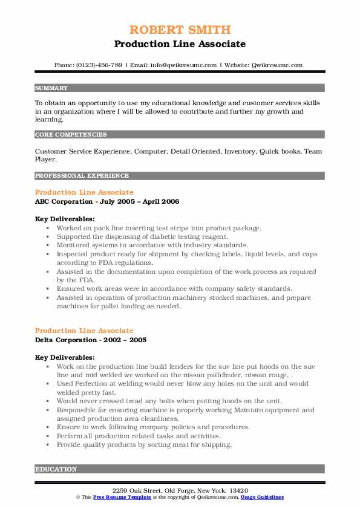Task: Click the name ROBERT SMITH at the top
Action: coord(180,30)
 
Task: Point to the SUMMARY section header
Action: coord(51,88)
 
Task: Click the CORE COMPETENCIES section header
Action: coord(71,134)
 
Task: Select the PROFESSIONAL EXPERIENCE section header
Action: coord(82,176)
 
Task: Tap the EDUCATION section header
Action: coord(56,469)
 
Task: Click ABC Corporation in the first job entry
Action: coord(63,201)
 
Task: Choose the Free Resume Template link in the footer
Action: coord(121,497)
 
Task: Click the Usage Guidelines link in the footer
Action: coord(262,497)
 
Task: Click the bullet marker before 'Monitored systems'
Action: coord(47,245)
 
